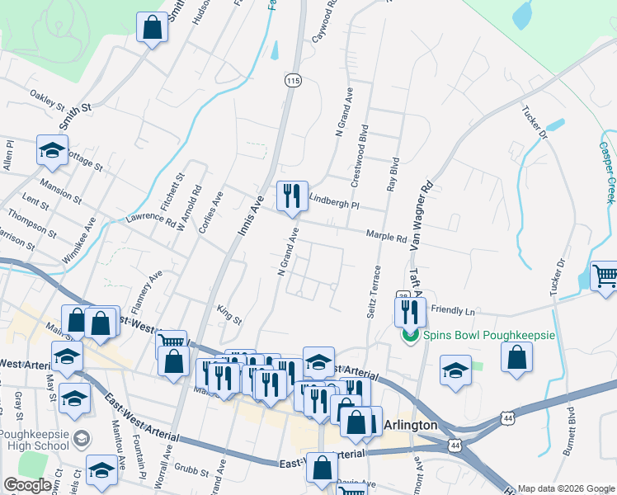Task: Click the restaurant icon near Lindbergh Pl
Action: (x=292, y=196)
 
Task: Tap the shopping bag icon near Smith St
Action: (x=153, y=28)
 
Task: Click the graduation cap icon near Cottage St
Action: (x=52, y=149)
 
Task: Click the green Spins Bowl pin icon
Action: (x=409, y=336)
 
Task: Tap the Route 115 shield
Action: (x=294, y=80)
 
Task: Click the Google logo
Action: (x=27, y=484)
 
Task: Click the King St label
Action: (x=228, y=314)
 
